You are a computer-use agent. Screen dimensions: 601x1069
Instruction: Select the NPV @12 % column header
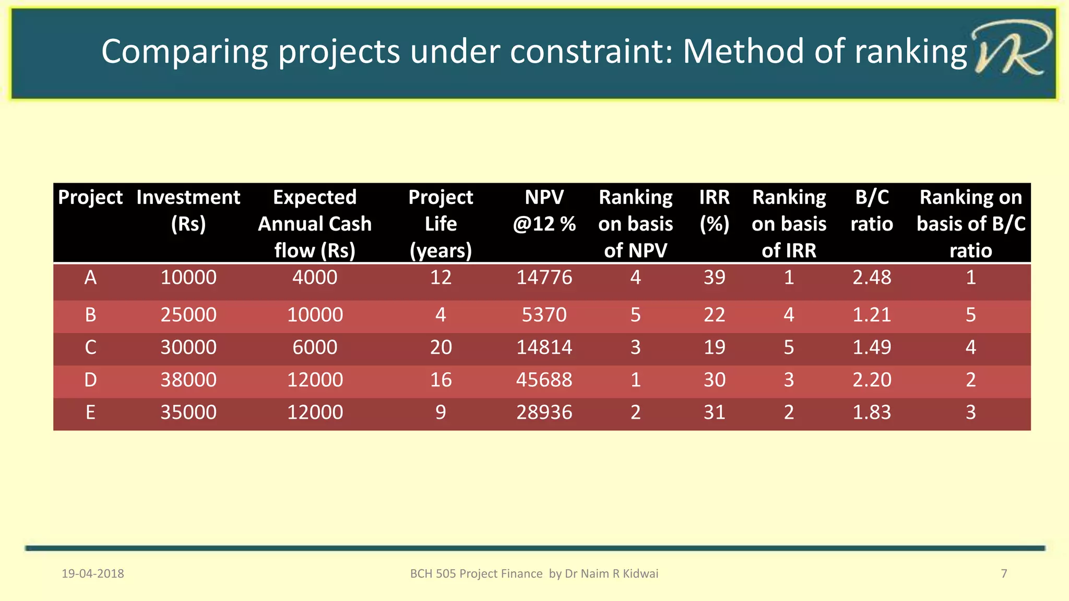click(x=544, y=211)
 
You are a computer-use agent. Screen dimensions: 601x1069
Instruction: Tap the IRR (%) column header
click(x=714, y=211)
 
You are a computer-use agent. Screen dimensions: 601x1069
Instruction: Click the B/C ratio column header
click(x=872, y=211)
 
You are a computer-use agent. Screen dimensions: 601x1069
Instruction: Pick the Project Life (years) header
click(x=441, y=224)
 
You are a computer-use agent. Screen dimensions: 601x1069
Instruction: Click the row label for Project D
click(x=90, y=380)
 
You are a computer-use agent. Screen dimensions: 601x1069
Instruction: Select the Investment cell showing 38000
click(x=188, y=380)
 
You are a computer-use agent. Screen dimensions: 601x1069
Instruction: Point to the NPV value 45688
click(x=544, y=380)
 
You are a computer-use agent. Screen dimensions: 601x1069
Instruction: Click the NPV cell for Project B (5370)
click(x=544, y=315)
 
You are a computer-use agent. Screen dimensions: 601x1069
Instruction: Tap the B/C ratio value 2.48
click(x=872, y=278)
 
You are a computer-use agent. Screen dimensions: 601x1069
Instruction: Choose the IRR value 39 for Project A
click(x=714, y=278)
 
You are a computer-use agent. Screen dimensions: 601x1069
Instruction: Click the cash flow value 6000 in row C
click(x=315, y=347)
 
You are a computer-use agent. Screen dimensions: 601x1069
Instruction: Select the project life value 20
click(x=441, y=347)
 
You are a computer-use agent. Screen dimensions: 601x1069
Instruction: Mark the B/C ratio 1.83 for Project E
click(x=872, y=413)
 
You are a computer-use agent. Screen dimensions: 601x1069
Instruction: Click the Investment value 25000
click(x=188, y=315)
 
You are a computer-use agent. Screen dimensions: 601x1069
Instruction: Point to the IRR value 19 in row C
click(x=714, y=347)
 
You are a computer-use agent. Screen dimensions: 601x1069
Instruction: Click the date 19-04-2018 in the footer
click(x=93, y=574)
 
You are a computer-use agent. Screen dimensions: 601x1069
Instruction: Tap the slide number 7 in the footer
click(x=1004, y=574)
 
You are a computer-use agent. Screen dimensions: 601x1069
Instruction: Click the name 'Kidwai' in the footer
click(x=641, y=574)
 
